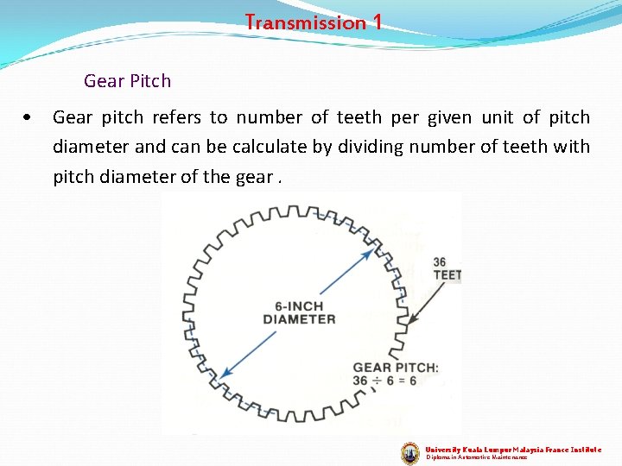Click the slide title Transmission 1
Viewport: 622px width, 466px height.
[313, 22]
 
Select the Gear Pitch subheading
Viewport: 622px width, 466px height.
[127, 81]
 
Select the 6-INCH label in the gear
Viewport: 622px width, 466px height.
[299, 306]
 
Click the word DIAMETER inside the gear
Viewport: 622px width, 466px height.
[299, 319]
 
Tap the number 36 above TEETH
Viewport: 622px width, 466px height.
[440, 262]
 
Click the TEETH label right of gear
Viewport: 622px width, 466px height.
[447, 275]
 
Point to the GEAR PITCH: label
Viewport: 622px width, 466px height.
[396, 368]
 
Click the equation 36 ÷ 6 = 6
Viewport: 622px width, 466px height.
[384, 381]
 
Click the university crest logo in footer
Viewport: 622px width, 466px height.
[410, 453]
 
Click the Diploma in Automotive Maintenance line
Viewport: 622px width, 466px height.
[476, 457]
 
